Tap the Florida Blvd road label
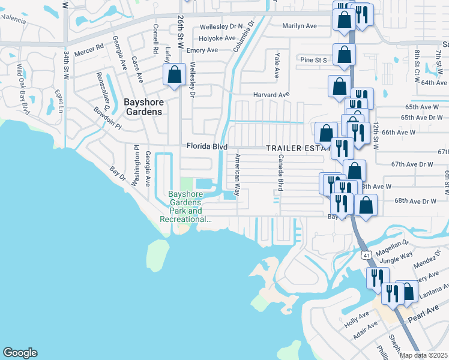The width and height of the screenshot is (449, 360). [x=206, y=146]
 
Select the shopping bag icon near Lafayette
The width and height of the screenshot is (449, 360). [x=174, y=76]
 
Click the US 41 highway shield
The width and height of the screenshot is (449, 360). [x=366, y=255]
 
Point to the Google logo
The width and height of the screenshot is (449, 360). [x=20, y=353]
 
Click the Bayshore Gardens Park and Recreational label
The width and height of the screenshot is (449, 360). [x=185, y=207]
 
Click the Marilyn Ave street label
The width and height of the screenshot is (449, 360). [x=300, y=26]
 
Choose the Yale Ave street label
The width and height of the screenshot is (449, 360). [x=277, y=65]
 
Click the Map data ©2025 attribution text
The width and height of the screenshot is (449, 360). [x=423, y=355]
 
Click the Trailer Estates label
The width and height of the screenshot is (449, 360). [x=298, y=148]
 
